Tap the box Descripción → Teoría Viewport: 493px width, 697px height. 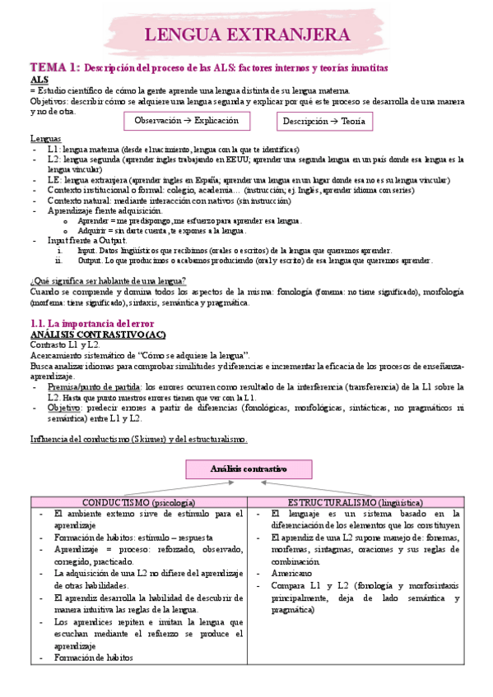pos(323,121)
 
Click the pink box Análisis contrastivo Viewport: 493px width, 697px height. pos(248,469)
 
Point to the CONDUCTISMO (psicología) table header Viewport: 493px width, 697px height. pos(138,501)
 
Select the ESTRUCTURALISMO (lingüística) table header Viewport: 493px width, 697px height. pos(356,501)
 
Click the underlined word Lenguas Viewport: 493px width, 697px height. pos(44,137)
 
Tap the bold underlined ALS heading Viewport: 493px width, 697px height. pos(39,79)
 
